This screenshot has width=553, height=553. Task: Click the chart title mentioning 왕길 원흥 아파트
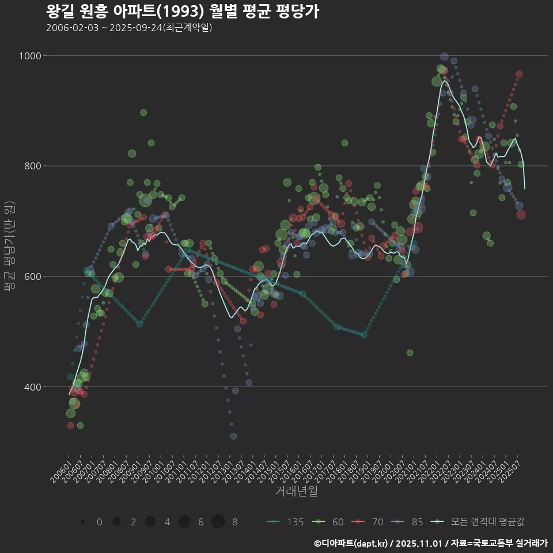coord(182,12)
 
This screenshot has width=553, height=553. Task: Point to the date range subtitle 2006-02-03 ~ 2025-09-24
coord(129,28)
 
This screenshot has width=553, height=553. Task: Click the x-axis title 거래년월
coord(296,491)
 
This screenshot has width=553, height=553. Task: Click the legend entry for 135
coord(286,522)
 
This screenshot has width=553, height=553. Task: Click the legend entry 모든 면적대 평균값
coord(479,522)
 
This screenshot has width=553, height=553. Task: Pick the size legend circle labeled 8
coord(218,522)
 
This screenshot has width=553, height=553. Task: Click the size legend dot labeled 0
coord(83,522)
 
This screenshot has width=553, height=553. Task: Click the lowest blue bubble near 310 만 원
coord(233,436)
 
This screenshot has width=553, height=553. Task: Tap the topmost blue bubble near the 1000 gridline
coord(444,57)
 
